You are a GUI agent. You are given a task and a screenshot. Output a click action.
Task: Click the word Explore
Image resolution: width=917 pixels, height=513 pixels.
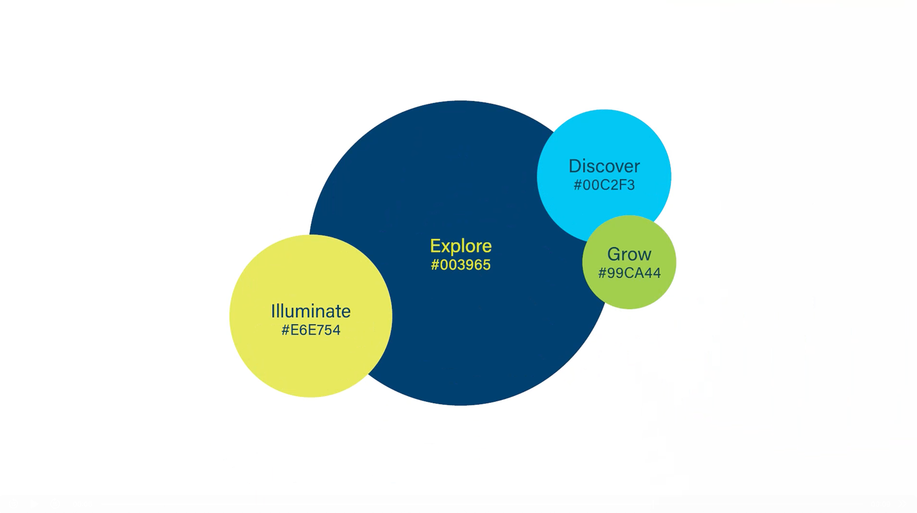tap(460, 246)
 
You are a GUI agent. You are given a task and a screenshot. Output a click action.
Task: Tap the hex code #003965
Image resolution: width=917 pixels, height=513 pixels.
tap(460, 265)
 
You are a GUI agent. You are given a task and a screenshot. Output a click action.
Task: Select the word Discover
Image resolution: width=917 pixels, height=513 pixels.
tap(604, 166)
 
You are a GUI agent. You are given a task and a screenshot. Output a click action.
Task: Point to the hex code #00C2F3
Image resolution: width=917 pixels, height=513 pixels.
tap(604, 185)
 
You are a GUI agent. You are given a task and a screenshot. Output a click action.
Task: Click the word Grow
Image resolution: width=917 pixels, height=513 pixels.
tap(629, 254)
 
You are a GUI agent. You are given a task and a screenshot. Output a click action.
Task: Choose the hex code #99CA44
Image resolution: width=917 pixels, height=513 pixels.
tap(629, 273)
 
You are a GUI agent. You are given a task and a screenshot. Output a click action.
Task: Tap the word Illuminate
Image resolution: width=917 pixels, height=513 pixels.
tap(310, 311)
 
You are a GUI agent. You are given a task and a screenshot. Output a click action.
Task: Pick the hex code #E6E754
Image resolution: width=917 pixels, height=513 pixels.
tap(310, 330)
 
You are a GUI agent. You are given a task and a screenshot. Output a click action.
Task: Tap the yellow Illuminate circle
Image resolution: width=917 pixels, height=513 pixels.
tap(310, 363)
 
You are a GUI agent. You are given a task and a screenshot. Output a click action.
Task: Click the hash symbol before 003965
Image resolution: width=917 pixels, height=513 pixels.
tap(435, 265)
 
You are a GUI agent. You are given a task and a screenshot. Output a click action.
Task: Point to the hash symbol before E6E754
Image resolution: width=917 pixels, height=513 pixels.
tap(286, 330)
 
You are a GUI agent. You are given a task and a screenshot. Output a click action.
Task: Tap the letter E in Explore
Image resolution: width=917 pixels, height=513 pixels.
tap(435, 246)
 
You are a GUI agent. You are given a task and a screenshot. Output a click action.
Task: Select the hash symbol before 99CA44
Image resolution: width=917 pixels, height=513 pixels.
tap(602, 273)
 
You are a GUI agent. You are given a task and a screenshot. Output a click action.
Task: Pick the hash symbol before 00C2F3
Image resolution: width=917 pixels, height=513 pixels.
tap(577, 185)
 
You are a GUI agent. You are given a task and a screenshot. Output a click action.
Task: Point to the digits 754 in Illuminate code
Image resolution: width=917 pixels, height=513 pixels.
tap(330, 330)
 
